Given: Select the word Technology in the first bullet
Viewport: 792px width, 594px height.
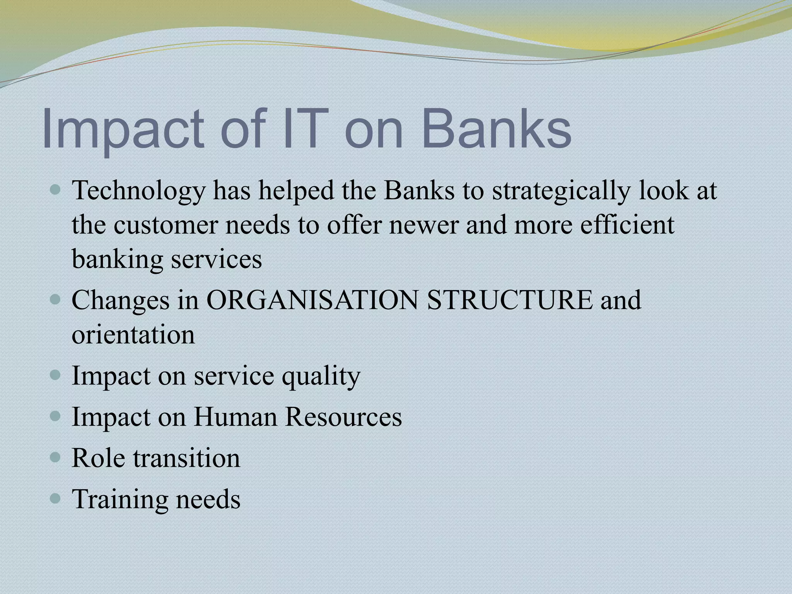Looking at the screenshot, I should tap(138, 191).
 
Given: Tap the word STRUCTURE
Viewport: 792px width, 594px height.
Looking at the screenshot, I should tap(509, 300).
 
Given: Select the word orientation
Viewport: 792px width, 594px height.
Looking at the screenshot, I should tap(133, 335).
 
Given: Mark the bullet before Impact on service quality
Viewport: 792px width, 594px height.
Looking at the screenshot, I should tap(56, 375).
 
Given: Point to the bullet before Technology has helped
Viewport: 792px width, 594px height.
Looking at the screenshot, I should tap(56, 190).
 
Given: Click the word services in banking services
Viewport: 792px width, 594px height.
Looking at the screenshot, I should tap(216, 259).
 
